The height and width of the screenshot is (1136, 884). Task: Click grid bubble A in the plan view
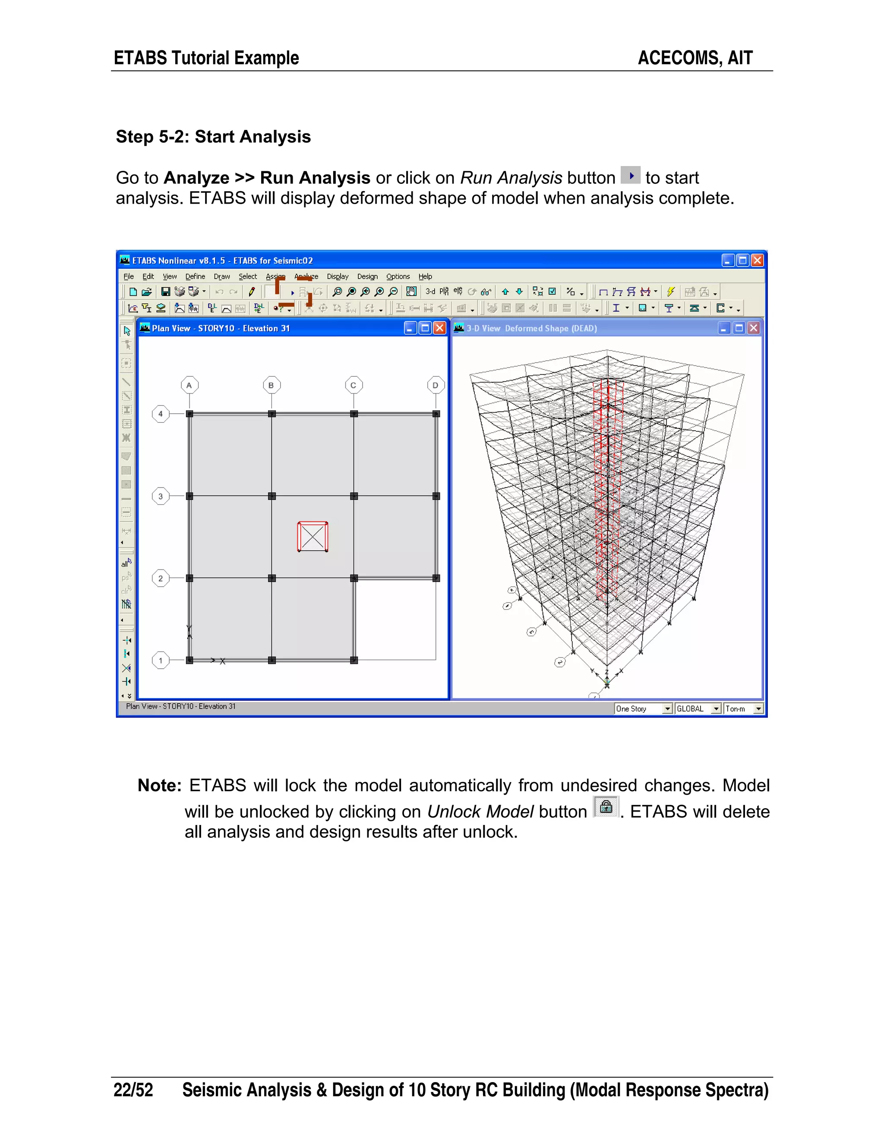point(189,385)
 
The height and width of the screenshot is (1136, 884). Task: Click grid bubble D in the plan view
point(436,385)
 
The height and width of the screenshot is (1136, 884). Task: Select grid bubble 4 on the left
point(161,414)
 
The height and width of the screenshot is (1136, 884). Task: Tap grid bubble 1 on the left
point(161,661)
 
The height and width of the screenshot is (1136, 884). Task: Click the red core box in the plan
point(313,537)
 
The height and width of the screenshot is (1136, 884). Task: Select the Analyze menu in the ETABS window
point(306,277)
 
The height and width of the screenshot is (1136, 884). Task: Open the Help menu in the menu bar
point(425,277)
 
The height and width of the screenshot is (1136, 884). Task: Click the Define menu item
point(195,277)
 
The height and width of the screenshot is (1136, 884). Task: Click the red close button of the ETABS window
point(757,261)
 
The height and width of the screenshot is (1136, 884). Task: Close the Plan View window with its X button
point(440,328)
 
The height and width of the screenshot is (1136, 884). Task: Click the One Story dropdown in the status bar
point(644,709)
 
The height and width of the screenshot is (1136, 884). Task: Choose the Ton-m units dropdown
point(743,709)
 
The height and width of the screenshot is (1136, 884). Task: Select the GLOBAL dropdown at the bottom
point(698,709)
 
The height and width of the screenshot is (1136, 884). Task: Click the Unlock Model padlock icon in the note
point(606,807)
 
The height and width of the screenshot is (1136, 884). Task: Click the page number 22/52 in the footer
point(133,1090)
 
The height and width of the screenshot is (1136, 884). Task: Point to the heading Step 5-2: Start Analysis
point(213,137)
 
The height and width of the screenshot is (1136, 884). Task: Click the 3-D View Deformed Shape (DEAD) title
point(531,329)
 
